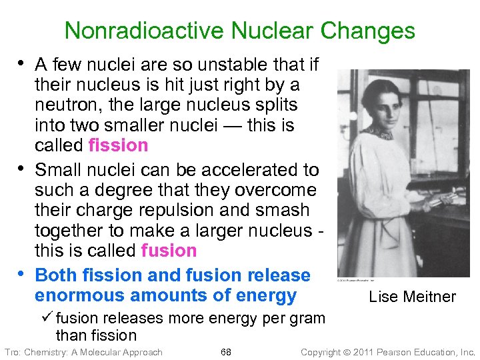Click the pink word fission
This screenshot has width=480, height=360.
pos(118,145)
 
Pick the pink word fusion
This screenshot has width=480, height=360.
pos(169,251)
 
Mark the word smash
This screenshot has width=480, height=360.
pos(283,210)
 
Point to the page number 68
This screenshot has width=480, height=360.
pos(226,352)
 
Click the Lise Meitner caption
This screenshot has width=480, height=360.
pos(412,297)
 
